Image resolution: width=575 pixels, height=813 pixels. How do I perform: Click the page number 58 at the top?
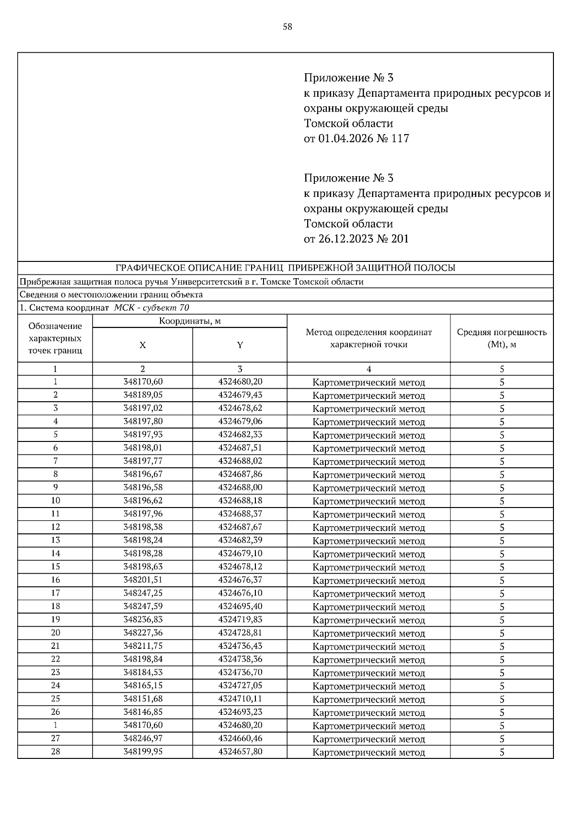click(x=287, y=27)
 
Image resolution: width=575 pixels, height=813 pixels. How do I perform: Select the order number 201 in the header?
click(x=400, y=239)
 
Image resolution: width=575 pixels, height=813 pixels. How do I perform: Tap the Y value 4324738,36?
click(x=240, y=659)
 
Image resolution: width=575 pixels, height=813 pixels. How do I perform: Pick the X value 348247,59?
click(x=143, y=607)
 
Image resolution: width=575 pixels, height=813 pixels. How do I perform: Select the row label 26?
click(x=56, y=712)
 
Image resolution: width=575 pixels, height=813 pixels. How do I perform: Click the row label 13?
click(x=56, y=540)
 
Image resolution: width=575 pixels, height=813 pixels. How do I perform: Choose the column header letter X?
click(x=142, y=345)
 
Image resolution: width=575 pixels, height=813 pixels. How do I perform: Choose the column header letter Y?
click(x=240, y=345)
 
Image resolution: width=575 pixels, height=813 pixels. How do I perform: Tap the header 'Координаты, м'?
click(x=190, y=321)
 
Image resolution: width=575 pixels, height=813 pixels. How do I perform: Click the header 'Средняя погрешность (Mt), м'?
click(x=502, y=338)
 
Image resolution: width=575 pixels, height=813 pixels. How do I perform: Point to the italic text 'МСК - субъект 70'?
click(x=151, y=308)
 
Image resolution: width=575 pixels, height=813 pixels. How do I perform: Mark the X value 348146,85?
click(x=143, y=712)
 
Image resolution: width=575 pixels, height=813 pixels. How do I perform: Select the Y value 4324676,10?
click(x=240, y=593)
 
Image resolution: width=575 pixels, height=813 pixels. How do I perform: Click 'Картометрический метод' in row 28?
click(x=368, y=752)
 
